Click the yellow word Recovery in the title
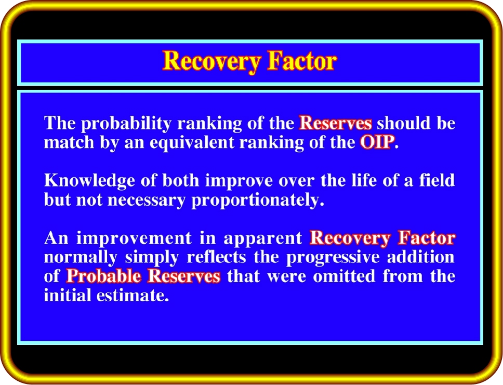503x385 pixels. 211,61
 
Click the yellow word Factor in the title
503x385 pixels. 302,60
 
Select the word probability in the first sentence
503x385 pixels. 126,124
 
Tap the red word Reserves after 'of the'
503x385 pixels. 336,123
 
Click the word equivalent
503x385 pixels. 192,143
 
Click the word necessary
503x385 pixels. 147,201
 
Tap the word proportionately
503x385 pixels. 258,201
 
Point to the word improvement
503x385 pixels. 134,238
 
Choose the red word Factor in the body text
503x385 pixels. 427,238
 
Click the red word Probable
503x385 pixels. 103,276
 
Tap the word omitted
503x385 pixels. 344,276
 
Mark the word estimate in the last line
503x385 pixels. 133,296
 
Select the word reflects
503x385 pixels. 217,257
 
